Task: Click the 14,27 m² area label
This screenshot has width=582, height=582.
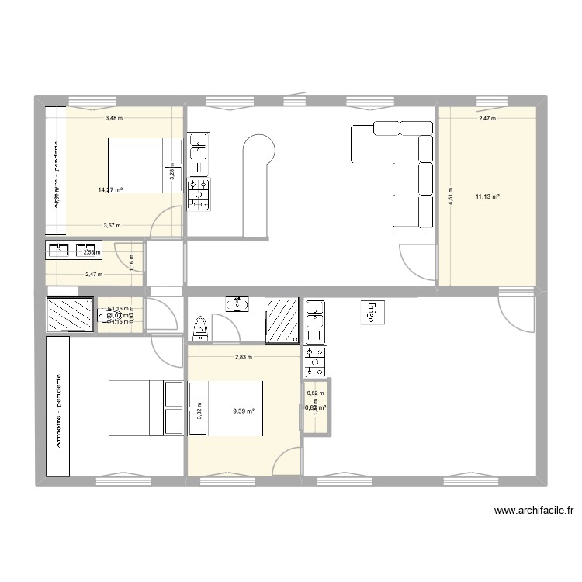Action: click(110, 189)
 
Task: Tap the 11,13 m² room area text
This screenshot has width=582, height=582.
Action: click(487, 197)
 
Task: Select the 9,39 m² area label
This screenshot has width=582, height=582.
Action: click(244, 411)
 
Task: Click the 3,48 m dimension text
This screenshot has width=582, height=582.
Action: click(114, 118)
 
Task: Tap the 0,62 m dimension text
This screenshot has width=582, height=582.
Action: click(316, 393)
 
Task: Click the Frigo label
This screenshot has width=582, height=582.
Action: click(371, 312)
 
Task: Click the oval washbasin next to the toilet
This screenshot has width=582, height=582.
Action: click(236, 304)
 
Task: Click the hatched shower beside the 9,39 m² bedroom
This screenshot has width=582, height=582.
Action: click(282, 318)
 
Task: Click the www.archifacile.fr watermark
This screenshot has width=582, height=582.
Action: click(533, 511)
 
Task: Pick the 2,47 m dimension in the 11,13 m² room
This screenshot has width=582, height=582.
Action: click(487, 119)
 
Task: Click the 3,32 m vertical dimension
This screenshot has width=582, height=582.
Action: click(199, 410)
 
